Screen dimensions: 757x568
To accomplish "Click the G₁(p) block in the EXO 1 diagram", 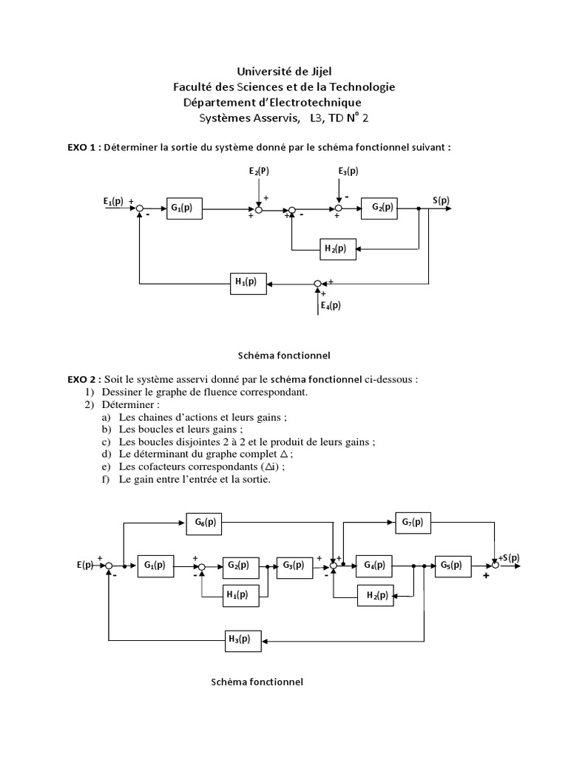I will point(184,208).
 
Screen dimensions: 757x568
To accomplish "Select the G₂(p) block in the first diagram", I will point(379,208).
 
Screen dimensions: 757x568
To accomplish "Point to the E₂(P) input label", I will point(260,172).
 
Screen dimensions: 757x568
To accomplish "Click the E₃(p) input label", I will point(348,172).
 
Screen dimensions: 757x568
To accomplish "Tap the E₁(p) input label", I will point(113,201).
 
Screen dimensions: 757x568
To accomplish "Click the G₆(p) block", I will point(205,523).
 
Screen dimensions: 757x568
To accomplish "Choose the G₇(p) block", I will point(413,523).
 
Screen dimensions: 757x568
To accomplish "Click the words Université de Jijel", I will point(284,71).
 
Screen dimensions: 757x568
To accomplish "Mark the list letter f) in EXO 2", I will point(107,479).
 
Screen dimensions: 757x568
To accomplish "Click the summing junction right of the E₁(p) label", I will point(139,209).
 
